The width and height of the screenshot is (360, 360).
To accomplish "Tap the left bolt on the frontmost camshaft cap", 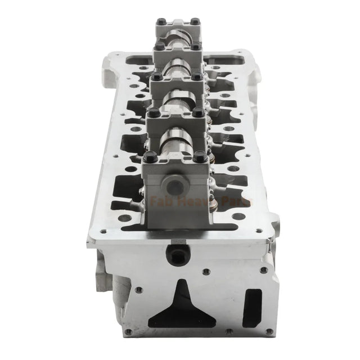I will (x=149, y=159).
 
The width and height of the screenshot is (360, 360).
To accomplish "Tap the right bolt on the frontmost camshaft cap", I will (x=201, y=159).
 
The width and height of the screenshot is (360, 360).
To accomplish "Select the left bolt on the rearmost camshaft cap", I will (x=160, y=23).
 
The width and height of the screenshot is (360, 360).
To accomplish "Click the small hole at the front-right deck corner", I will (x=259, y=230).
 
